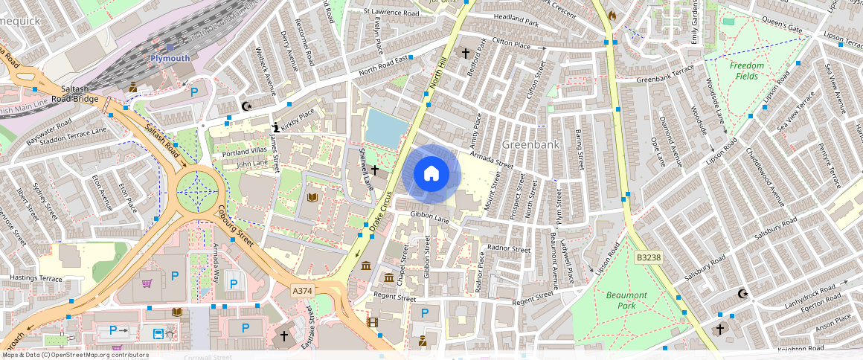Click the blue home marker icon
[x=431, y=175]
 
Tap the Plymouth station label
[x=170, y=58]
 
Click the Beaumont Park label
[x=626, y=300]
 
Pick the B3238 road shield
[x=648, y=257]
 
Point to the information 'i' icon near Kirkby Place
[x=276, y=127]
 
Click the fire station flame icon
[x=612, y=15]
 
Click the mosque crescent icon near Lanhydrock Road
[x=741, y=294]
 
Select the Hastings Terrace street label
[x=36, y=278]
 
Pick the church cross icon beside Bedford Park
[x=466, y=54]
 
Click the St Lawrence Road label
[x=402, y=12]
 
